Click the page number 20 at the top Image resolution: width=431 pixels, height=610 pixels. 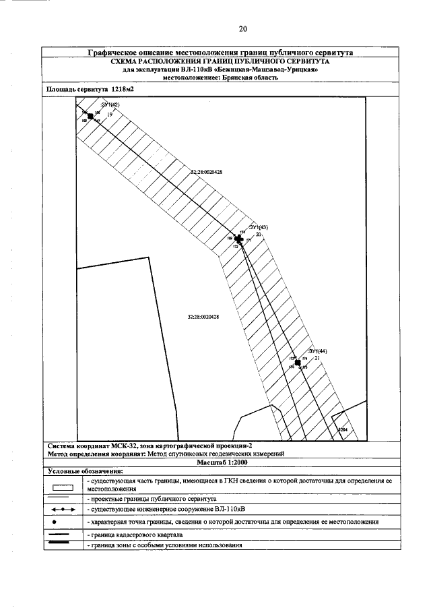[243, 28]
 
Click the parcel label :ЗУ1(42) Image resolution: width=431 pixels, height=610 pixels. [110, 106]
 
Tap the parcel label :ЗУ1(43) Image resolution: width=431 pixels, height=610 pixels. [259, 227]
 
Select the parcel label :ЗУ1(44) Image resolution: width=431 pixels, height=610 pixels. [317, 351]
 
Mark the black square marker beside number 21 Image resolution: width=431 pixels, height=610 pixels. [297, 363]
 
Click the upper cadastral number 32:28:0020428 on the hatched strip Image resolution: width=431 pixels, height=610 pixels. [207, 173]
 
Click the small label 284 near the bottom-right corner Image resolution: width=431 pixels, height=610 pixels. [343, 429]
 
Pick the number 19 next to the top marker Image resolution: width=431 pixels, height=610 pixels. [109, 115]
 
